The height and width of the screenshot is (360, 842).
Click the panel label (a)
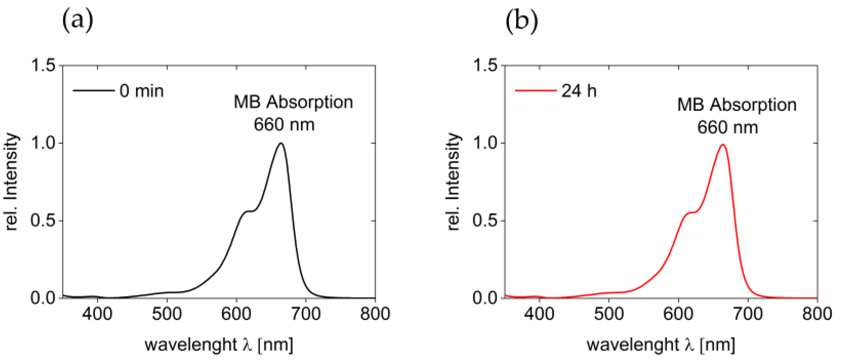point(77,20)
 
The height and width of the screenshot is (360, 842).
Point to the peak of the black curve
point(281,143)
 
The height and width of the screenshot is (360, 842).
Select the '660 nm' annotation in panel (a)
point(284,125)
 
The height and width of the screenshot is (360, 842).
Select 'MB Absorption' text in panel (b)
point(737,105)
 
